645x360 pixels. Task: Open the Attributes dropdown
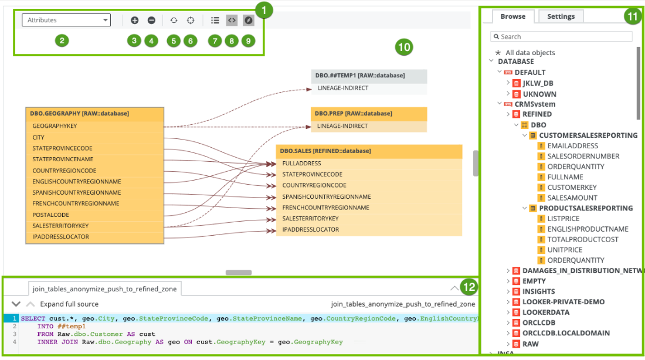point(66,20)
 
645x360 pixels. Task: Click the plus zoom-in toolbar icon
point(135,20)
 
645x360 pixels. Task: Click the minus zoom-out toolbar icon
point(151,20)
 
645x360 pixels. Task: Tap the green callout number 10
point(404,47)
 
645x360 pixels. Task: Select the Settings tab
point(561,16)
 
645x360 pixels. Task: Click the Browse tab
point(512,16)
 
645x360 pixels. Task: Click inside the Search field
point(562,36)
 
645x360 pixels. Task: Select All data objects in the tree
point(529,53)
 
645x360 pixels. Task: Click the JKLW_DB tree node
point(538,83)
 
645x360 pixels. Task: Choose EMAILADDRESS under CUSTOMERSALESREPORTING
point(572,146)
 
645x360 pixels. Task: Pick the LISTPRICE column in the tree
point(563,219)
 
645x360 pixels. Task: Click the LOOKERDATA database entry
point(545,313)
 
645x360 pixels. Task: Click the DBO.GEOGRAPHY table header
point(94,114)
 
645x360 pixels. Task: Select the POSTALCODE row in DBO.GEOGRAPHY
point(51,215)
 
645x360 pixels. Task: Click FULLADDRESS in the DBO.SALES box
point(301,164)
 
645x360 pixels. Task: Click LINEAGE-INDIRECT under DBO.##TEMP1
point(343,88)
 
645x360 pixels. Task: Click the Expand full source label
point(69,304)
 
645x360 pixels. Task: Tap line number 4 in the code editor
point(13,342)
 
